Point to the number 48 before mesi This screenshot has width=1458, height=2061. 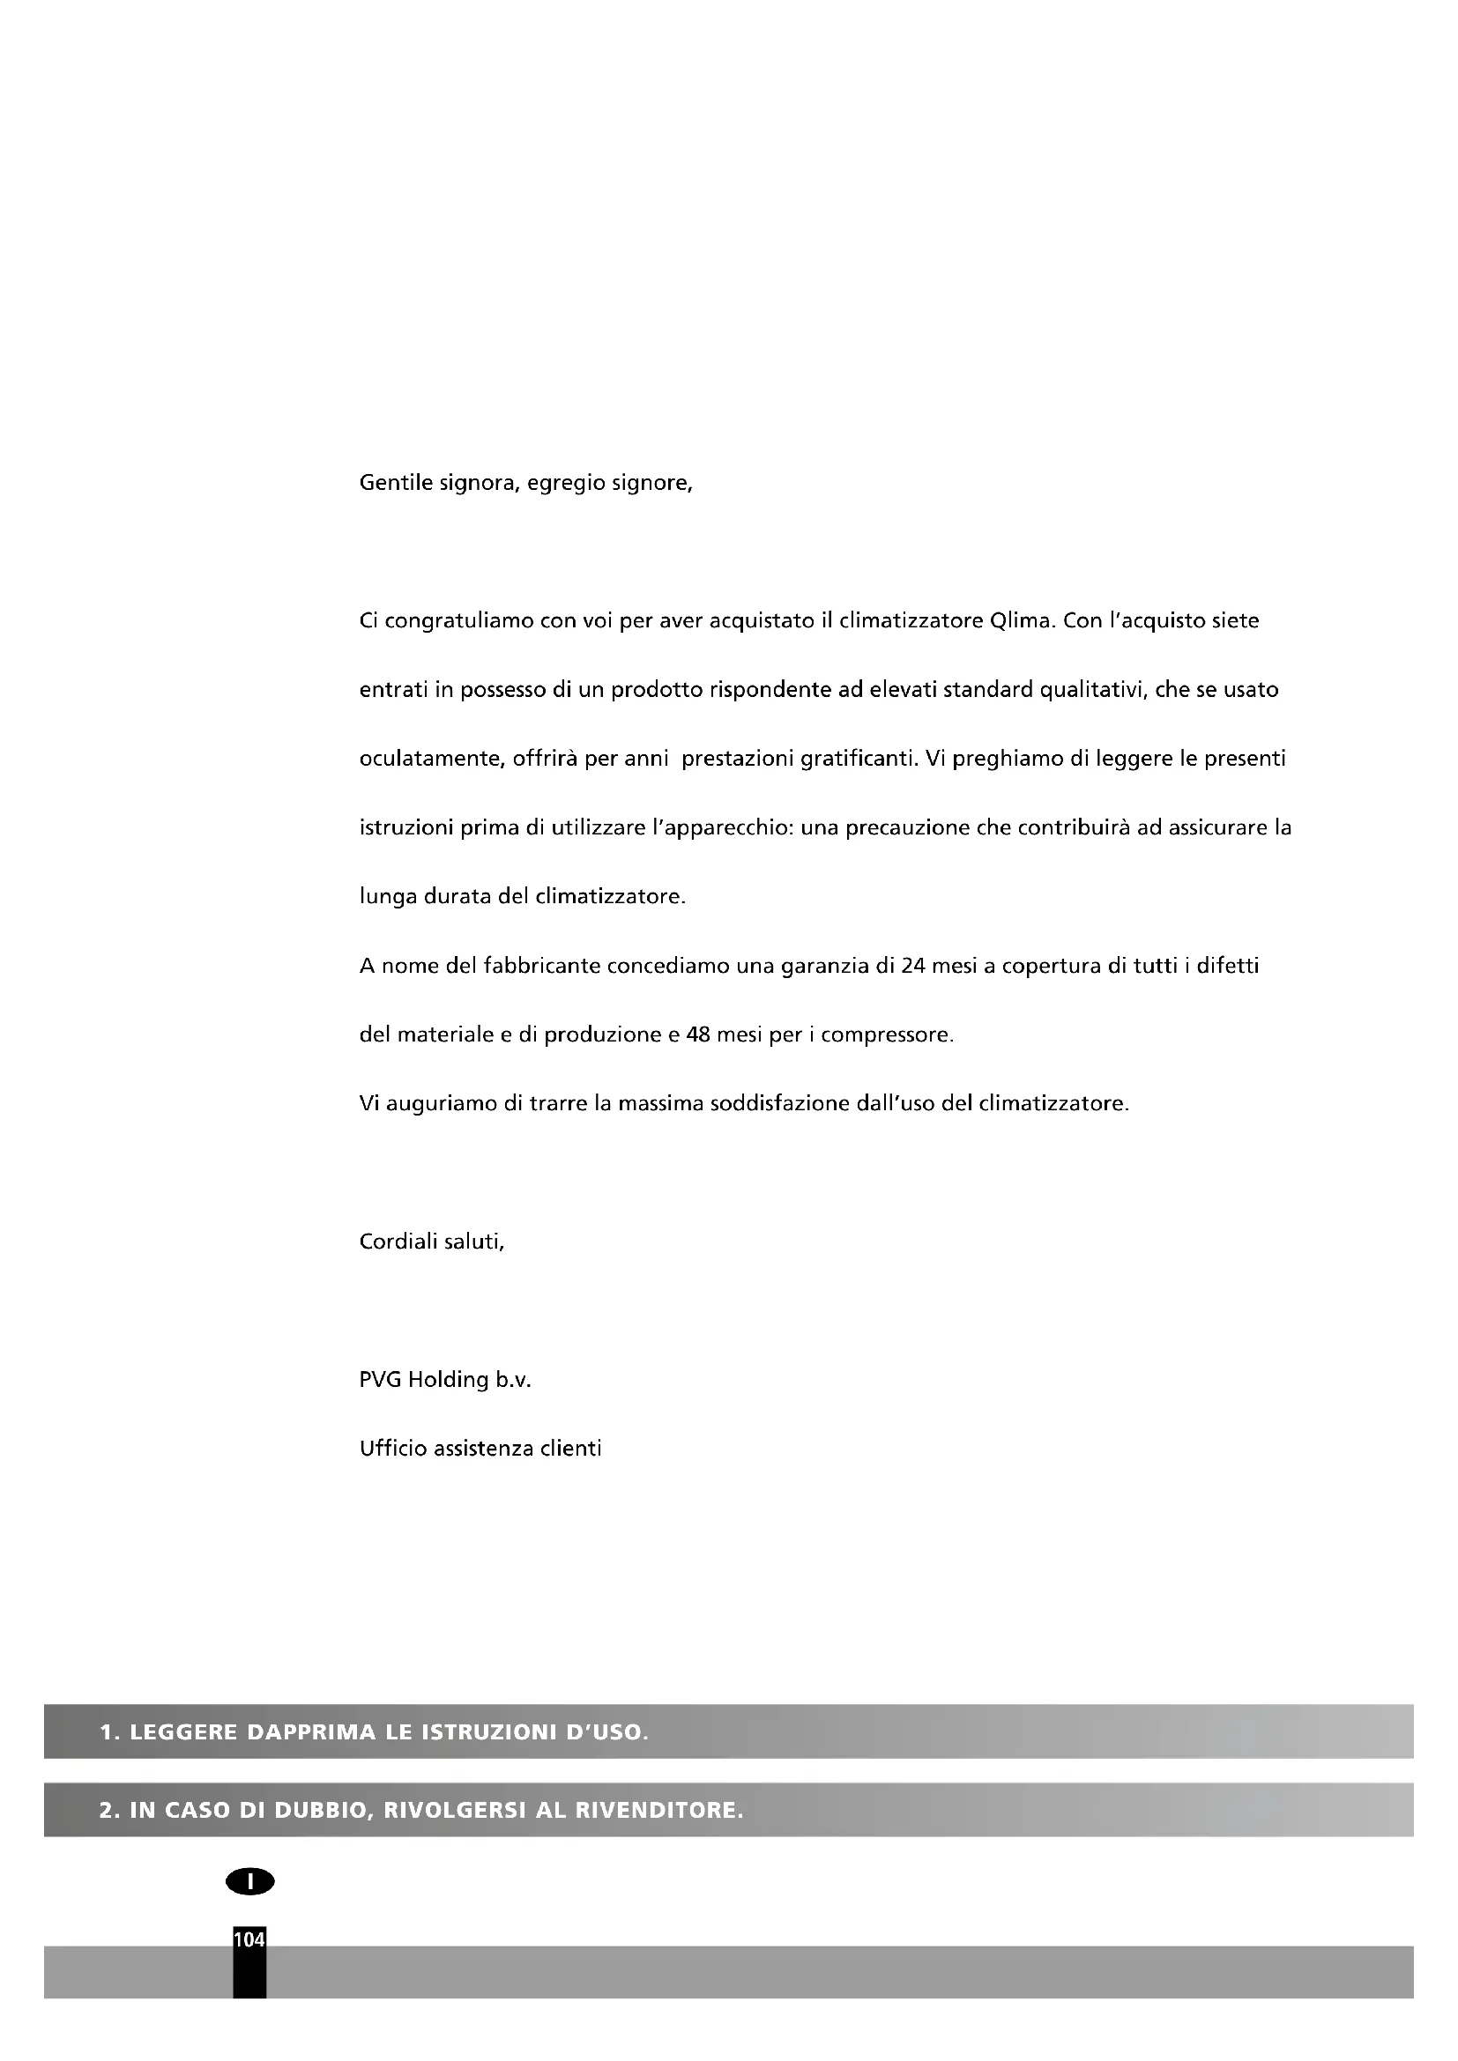[x=697, y=1035]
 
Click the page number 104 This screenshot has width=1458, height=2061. [x=249, y=1939]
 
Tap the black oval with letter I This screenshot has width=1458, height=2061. [x=250, y=1882]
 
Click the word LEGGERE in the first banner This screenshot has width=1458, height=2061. [x=183, y=1732]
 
